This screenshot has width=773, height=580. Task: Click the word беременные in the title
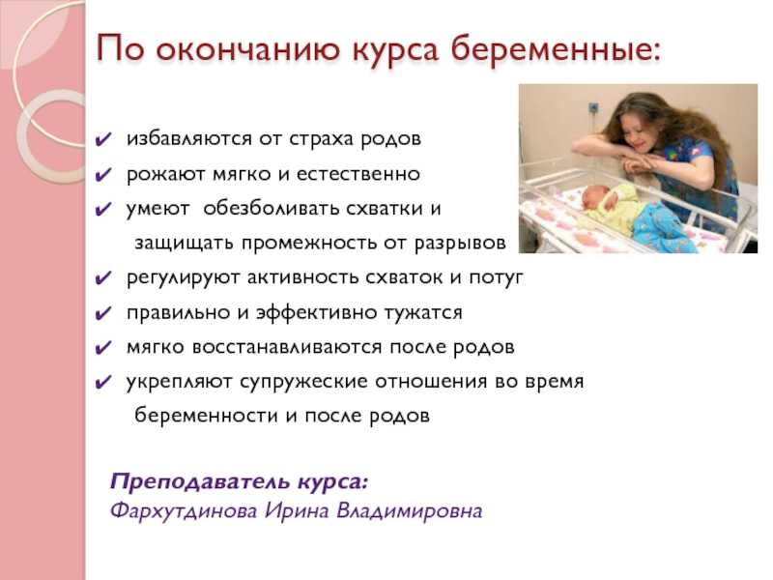(x=555, y=50)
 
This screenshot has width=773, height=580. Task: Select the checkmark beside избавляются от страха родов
(x=104, y=139)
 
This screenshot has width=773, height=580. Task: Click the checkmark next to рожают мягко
(x=104, y=175)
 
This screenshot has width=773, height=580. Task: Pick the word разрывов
(x=460, y=244)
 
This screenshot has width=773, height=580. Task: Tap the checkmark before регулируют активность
(x=104, y=278)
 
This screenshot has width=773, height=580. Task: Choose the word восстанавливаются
(x=286, y=347)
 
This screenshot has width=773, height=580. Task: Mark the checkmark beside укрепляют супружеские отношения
(x=104, y=383)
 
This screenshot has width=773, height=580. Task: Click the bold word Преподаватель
(x=200, y=481)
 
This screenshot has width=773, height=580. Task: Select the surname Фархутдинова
(x=184, y=510)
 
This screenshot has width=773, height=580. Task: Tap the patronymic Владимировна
(x=409, y=511)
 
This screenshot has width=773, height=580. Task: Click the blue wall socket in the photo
(x=593, y=106)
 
